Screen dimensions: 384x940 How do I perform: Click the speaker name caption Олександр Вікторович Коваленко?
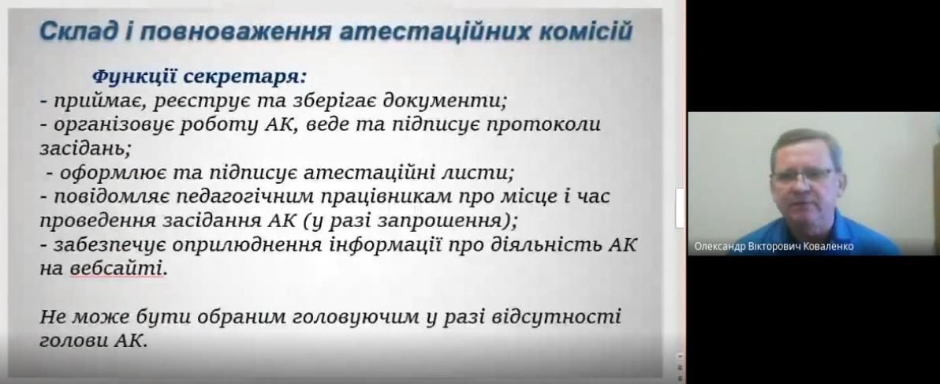[x=773, y=247]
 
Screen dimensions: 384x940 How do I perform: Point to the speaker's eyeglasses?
[x=803, y=175]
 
